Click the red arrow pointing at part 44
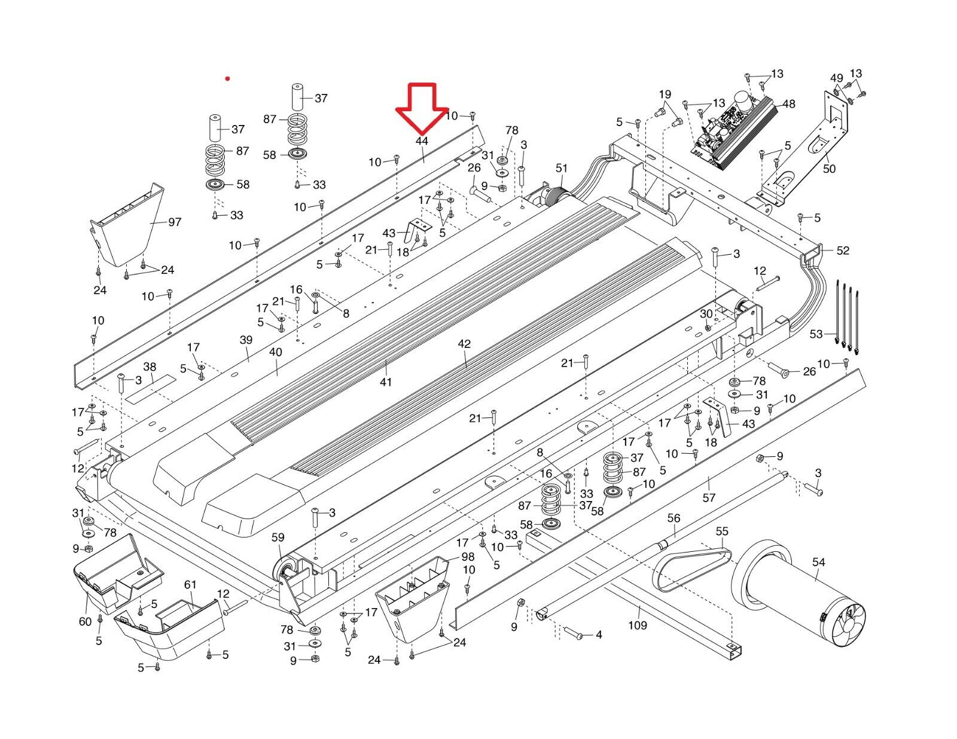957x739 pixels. [422, 108]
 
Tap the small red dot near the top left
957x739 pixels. [227, 78]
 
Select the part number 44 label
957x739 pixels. [422, 141]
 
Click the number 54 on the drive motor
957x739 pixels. [818, 562]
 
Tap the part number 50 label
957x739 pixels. [829, 169]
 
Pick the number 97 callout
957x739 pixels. [175, 222]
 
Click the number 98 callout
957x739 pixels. [468, 557]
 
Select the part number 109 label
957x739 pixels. [638, 625]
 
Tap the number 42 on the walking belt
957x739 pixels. [464, 344]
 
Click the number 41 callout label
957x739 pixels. [385, 381]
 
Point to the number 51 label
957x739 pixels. [562, 169]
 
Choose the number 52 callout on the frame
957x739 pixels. [842, 251]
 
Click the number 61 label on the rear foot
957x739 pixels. [190, 584]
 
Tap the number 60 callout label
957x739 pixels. [86, 621]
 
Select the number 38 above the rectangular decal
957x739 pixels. [150, 367]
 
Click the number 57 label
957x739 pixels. [709, 497]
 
